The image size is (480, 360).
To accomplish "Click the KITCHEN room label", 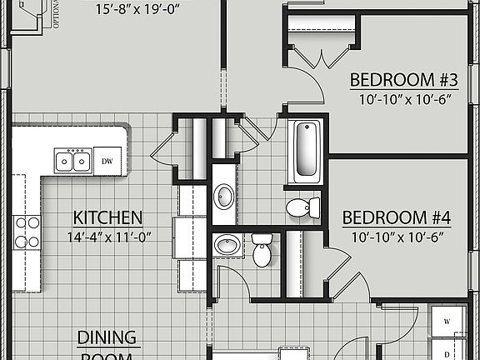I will click(x=107, y=217).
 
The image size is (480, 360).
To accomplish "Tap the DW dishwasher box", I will click(x=107, y=161).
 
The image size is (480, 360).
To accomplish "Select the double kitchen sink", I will click(x=72, y=160).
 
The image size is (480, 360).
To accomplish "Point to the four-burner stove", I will click(x=27, y=232).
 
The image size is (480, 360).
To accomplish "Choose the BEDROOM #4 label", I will click(x=397, y=218).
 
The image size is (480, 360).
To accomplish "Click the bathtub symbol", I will click(x=306, y=151).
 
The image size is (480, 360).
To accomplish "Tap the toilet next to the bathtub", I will click(x=300, y=206).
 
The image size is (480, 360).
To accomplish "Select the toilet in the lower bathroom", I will click(x=262, y=249).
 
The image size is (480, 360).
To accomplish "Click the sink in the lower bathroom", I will click(x=226, y=246).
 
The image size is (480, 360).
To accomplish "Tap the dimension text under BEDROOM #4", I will click(x=397, y=236).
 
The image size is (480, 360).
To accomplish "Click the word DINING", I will click(x=107, y=337).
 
